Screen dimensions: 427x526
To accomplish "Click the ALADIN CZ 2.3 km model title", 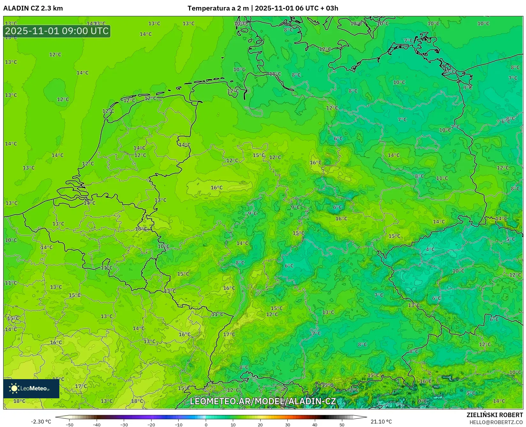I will tap(33, 8).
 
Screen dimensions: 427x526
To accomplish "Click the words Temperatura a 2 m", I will tap(218, 8).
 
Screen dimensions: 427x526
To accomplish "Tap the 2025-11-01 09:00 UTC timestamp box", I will tap(57, 31).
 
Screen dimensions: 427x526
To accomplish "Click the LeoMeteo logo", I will tap(31, 388).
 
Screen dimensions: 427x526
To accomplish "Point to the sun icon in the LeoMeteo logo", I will tap(14, 388).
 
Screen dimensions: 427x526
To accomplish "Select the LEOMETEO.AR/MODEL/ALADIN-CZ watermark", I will tap(263, 401).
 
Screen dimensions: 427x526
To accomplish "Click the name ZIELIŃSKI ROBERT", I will tap(495, 415).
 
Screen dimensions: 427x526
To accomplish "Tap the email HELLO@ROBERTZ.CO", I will tap(496, 422).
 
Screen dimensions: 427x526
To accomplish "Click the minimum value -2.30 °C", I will tap(41, 422).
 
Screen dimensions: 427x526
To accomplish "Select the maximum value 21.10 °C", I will tap(381, 422).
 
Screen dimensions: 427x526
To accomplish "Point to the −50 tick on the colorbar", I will tap(69, 425).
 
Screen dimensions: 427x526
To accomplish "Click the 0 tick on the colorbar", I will tap(206, 425).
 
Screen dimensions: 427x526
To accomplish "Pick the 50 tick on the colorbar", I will tap(342, 425).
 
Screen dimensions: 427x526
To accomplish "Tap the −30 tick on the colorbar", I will tap(124, 425).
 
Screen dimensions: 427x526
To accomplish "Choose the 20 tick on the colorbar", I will tap(260, 425).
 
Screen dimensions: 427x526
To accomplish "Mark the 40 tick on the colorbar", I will tap(315, 425).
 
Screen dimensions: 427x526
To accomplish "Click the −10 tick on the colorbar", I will tap(179, 425).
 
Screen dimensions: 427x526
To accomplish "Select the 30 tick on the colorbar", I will tap(288, 425).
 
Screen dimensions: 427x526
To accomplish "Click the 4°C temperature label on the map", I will tap(430, 250).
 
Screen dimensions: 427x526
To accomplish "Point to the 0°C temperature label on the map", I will tap(422, 401).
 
